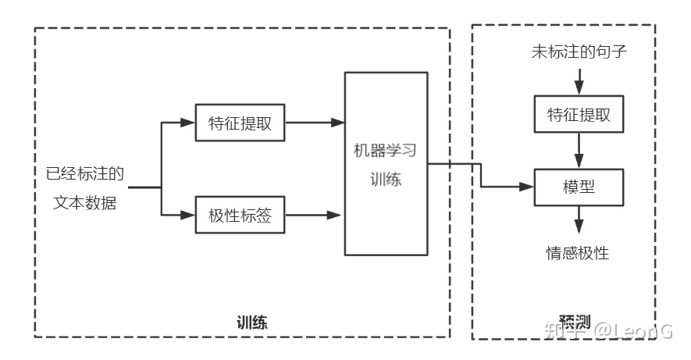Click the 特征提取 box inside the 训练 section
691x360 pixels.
240,123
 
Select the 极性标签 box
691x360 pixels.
240,215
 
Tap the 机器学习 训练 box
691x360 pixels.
386,163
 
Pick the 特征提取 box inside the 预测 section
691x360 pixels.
578,115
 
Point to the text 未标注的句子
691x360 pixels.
579,53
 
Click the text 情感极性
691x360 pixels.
578,252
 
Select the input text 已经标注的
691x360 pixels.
85,173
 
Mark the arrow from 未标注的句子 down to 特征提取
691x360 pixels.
579,80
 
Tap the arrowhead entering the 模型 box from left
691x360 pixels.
526,187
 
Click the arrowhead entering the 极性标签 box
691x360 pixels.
187,215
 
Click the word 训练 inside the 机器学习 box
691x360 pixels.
386,180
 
